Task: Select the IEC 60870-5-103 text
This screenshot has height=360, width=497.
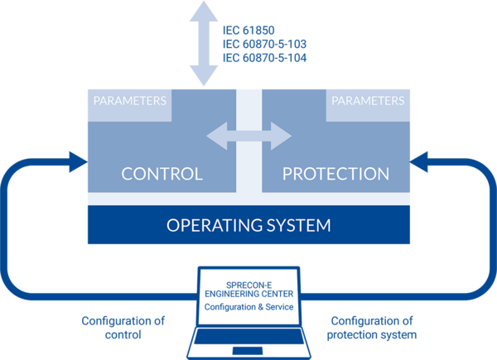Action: [263, 43]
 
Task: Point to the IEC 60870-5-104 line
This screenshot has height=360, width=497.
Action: [263, 58]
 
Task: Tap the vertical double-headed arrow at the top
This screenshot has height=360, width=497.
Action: [201, 41]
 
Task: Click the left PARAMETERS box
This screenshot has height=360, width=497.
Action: [129, 102]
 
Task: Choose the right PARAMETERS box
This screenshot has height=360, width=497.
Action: [368, 102]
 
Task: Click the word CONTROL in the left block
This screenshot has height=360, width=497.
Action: [162, 175]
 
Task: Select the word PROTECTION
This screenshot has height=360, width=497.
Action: [335, 175]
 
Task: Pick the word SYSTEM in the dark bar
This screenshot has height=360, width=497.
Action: [297, 224]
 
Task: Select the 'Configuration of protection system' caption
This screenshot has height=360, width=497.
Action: [372, 328]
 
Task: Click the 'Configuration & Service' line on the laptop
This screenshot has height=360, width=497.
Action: [248, 307]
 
